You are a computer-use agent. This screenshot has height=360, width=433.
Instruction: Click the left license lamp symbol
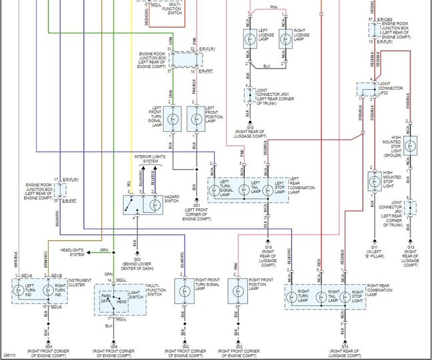[x=251, y=38]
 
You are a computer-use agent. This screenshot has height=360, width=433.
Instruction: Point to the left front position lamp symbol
[x=195, y=120]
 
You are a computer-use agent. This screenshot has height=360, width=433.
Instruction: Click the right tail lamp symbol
[x=322, y=295]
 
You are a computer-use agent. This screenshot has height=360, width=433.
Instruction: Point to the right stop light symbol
[x=345, y=295]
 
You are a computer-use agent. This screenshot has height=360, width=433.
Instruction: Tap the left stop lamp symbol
[x=266, y=188]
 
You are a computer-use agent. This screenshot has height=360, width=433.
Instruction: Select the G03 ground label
[x=135, y=252]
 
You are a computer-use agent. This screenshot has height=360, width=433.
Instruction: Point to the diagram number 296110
[x=10, y=355]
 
